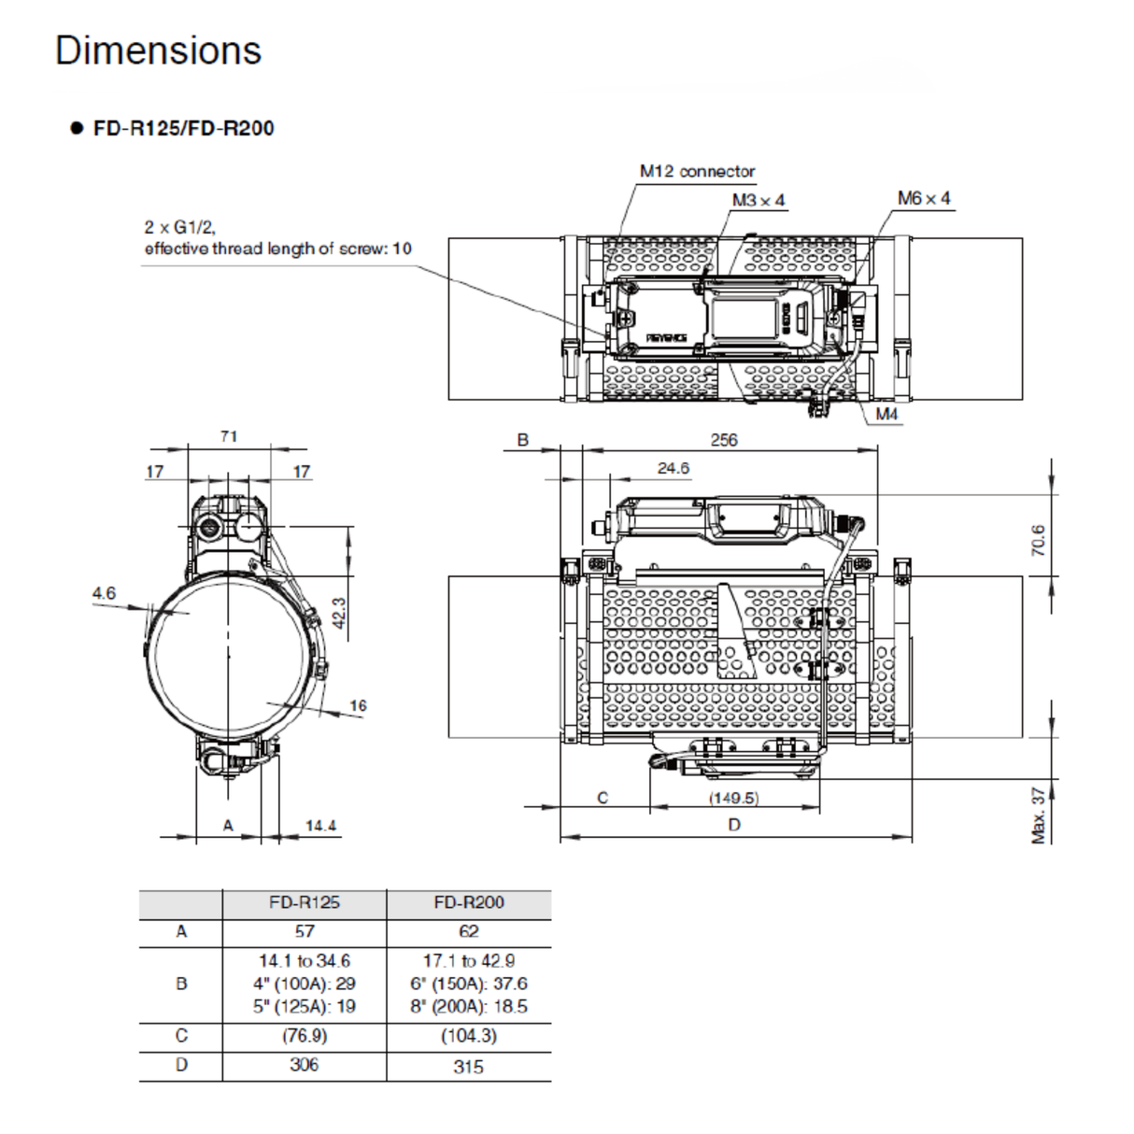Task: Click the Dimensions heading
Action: coord(158,50)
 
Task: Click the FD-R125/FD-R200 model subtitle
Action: coord(183,129)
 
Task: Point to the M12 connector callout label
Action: coord(697,171)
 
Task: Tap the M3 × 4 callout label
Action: coord(758,200)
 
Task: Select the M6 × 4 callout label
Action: coord(923,198)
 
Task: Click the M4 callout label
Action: coord(886,414)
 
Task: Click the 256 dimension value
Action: coord(723,439)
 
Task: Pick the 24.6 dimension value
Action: coord(673,468)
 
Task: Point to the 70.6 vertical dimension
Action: coord(1038,540)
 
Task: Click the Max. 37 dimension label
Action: coord(1038,815)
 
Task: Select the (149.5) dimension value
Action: coord(733,798)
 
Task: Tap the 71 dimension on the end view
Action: coord(229,436)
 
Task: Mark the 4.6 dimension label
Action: coord(104,593)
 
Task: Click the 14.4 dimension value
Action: coord(320,826)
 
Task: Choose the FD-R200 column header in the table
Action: coord(468,902)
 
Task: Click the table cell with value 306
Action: coord(304,1065)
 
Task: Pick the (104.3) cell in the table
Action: coord(468,1036)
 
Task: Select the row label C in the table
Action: coord(181,1036)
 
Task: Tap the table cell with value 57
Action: coord(304,931)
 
